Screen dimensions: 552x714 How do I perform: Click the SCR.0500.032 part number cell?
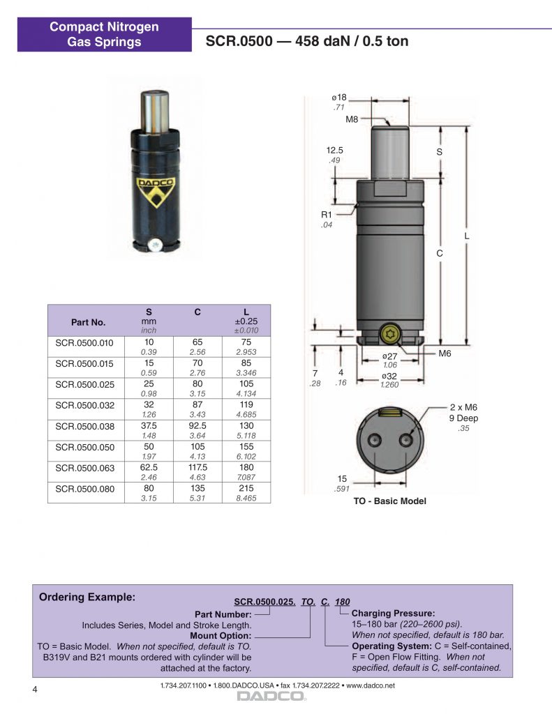[x=84, y=405]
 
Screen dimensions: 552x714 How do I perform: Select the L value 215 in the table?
[x=246, y=488]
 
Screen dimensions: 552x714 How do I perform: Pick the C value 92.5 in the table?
[x=197, y=426]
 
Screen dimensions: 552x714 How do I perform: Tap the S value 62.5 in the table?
[x=149, y=467]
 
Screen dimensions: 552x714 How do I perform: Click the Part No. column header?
[x=88, y=322]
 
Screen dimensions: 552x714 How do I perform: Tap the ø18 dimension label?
[x=339, y=98]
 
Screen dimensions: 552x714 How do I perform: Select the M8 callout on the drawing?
[x=352, y=119]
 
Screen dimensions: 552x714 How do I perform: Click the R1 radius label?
[x=327, y=215]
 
